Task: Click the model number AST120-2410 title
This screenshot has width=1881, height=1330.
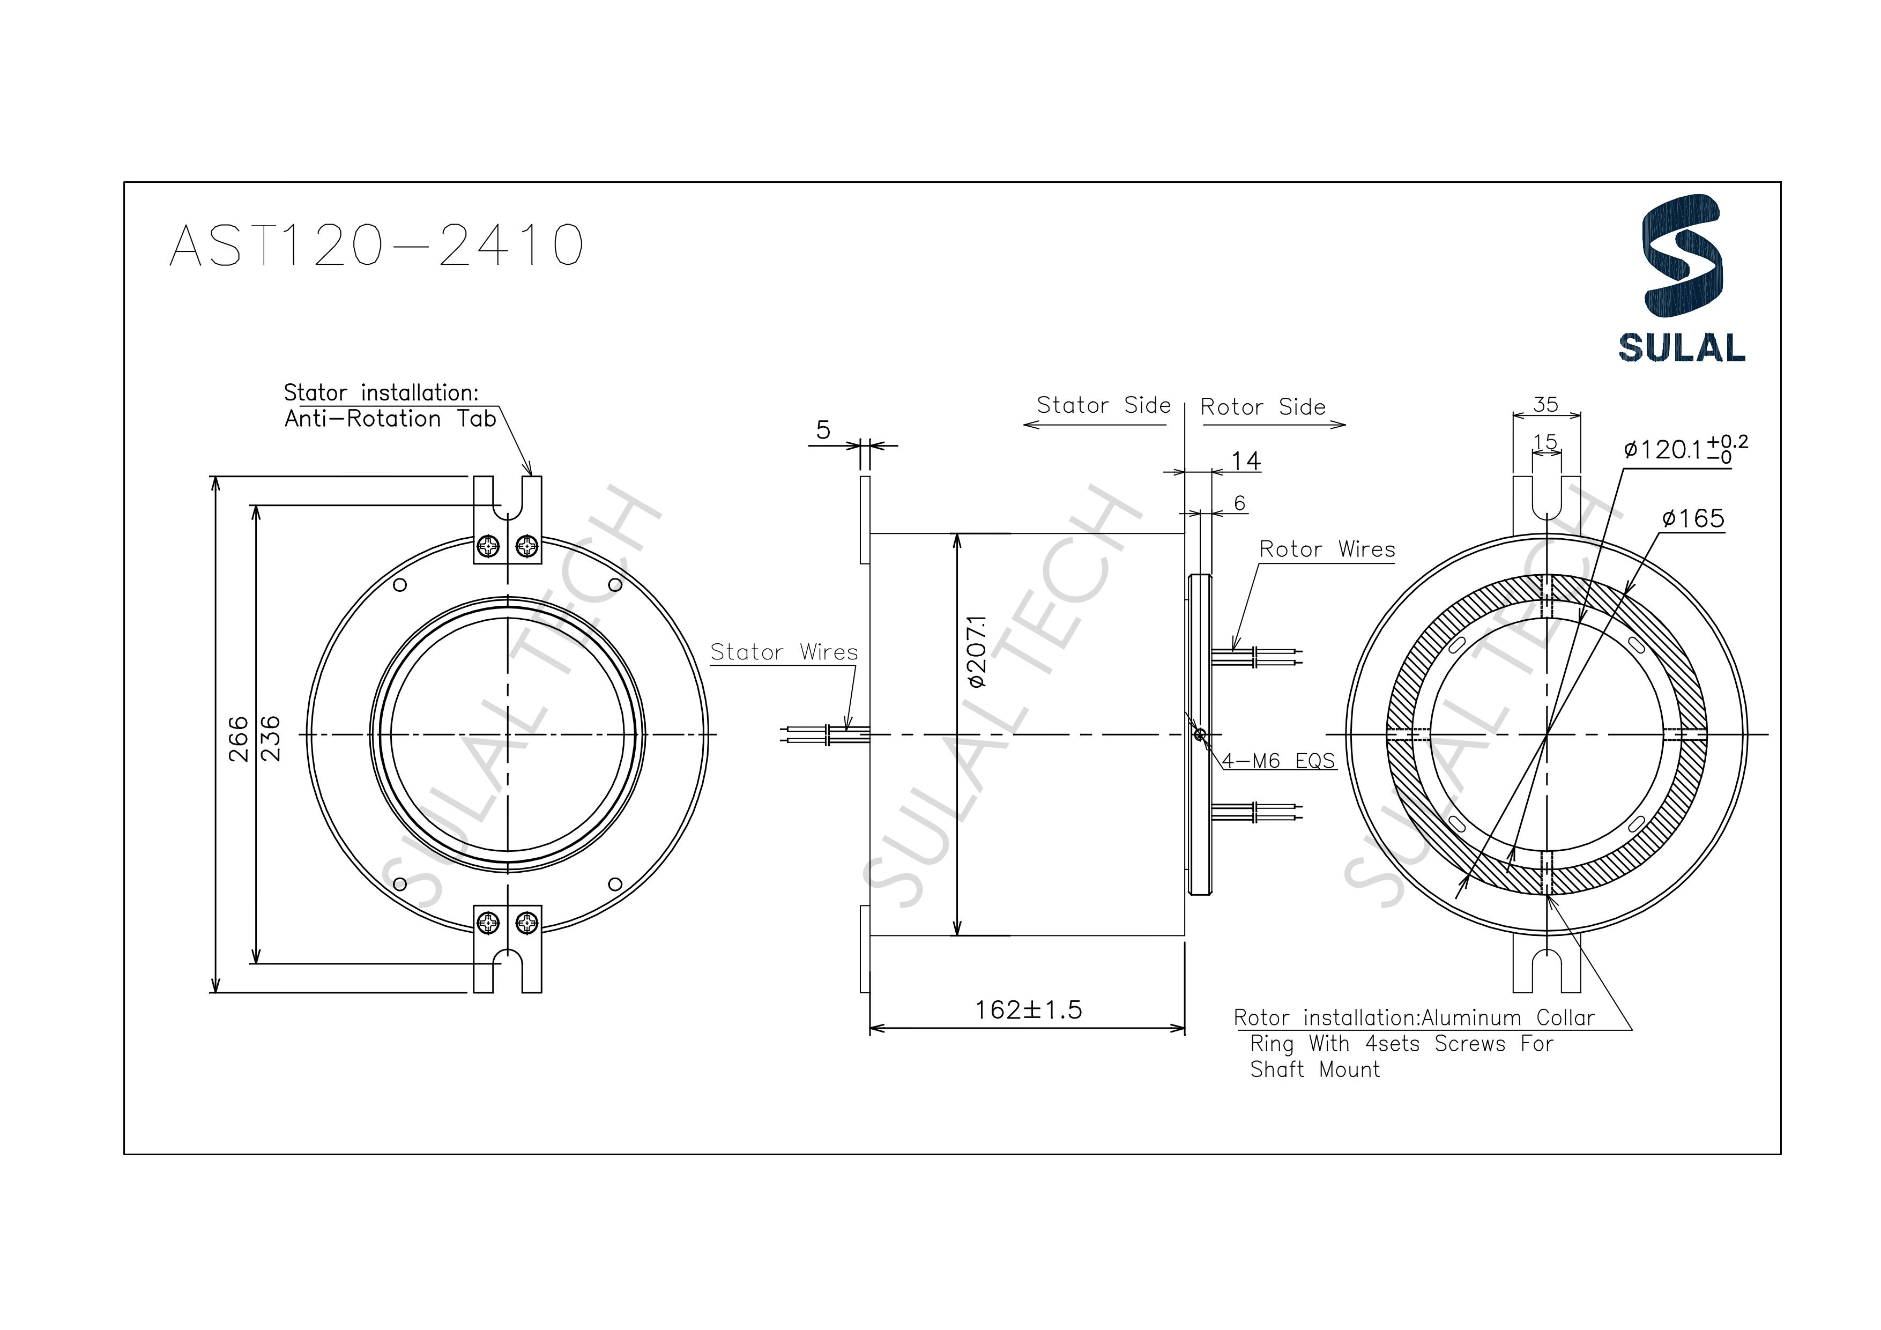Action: point(376,245)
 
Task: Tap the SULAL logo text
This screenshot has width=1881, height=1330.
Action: point(1681,347)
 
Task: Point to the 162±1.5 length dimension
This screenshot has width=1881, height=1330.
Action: point(1028,1009)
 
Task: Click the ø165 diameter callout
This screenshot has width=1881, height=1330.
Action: point(1692,519)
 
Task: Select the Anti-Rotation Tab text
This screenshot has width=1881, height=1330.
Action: point(390,419)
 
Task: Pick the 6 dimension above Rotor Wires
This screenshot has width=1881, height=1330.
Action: point(1239,503)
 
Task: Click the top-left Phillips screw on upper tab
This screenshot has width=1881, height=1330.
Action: point(488,546)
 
